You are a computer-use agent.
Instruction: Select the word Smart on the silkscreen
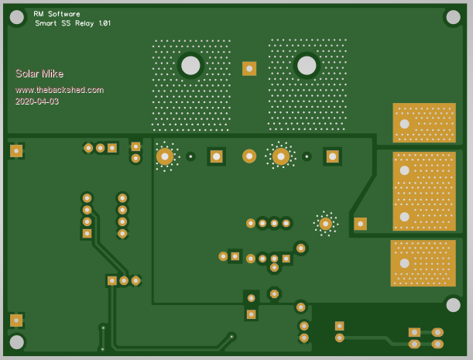[46, 24]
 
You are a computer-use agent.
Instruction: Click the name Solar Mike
[34, 74]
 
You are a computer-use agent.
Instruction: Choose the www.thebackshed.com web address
[59, 90]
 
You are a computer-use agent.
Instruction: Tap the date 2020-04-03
[36, 101]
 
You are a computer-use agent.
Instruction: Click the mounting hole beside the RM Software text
[16, 15]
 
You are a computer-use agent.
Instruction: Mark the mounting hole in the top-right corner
[453, 16]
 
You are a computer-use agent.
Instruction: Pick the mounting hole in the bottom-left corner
[16, 341]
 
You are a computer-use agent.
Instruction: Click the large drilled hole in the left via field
[190, 66]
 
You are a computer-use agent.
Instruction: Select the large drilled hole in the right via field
[307, 66]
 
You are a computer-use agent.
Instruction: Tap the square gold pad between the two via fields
[249, 69]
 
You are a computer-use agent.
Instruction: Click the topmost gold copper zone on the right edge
[423, 122]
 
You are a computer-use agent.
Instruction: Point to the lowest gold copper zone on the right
[423, 263]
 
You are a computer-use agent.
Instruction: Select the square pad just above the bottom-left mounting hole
[16, 320]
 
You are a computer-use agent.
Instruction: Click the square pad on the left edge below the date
[16, 151]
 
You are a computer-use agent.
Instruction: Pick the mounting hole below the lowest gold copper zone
[453, 304]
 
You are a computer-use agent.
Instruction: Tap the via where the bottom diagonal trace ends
[231, 336]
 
